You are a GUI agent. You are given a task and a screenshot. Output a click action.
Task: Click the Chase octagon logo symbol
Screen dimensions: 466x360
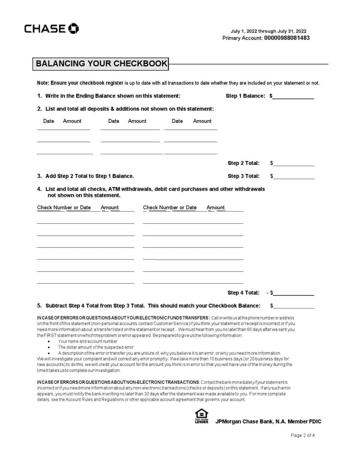coord(73,29)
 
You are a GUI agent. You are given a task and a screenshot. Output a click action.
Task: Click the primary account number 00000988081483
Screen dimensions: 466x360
coord(287,38)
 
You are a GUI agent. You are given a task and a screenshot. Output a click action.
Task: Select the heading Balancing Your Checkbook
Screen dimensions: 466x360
coord(101,63)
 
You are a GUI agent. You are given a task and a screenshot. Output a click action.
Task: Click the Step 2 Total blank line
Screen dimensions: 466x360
coord(294,164)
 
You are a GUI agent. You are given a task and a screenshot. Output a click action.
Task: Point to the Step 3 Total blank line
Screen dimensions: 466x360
coord(294,177)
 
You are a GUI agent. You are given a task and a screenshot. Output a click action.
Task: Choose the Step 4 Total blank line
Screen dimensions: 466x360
coord(294,293)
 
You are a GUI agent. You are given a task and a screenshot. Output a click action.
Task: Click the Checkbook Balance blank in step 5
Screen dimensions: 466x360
coord(294,306)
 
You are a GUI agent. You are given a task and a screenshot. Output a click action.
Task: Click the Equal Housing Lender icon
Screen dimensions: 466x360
coord(201,416)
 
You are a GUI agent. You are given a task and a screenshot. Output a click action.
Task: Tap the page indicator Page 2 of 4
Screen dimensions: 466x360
coord(303,435)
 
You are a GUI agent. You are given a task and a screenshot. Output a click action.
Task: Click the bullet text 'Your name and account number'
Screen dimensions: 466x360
coord(88,341)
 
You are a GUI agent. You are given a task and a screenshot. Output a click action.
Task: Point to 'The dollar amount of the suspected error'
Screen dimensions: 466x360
coord(96,347)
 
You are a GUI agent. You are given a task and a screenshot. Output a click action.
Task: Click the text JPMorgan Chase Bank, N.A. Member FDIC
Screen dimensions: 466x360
coord(268,421)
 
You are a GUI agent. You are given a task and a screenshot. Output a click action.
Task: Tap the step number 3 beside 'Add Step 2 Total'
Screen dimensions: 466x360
coord(39,176)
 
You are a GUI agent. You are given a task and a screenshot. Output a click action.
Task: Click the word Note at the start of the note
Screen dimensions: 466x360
coord(42,83)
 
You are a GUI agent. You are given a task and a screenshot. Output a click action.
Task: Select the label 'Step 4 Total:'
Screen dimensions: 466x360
coord(243,293)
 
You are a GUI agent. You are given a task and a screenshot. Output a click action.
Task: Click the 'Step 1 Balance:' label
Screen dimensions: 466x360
coord(245,96)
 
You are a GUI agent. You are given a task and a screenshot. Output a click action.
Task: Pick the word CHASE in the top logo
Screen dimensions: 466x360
coord(45,29)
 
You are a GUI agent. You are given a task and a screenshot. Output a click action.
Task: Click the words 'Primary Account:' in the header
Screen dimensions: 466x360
coord(242,38)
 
